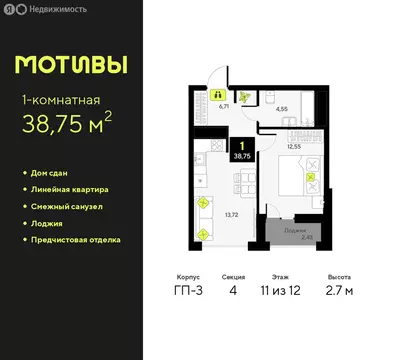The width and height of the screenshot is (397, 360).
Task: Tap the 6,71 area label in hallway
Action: click(x=224, y=103)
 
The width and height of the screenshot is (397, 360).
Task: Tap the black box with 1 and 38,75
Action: click(x=242, y=150)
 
